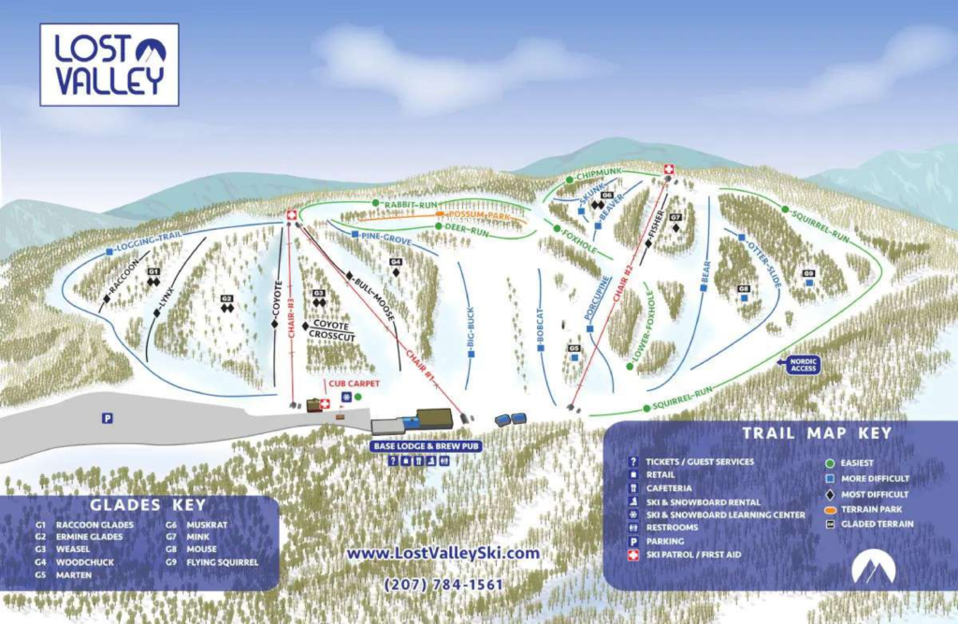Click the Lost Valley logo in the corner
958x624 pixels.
pos(109,65)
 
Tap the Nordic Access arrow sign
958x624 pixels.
pos(804,365)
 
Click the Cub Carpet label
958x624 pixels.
pos(346,383)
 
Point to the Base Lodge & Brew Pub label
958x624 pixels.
pos(426,447)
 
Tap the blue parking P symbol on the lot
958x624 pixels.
pos(108,418)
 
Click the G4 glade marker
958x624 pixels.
pos(396,262)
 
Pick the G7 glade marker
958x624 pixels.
pos(675,217)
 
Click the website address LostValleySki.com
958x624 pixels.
pos(443,553)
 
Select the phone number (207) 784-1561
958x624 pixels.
pos(443,585)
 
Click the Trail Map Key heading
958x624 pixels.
pos(817,433)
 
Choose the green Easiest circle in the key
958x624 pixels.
pos(830,462)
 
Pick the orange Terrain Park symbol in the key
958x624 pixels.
pos(830,509)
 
